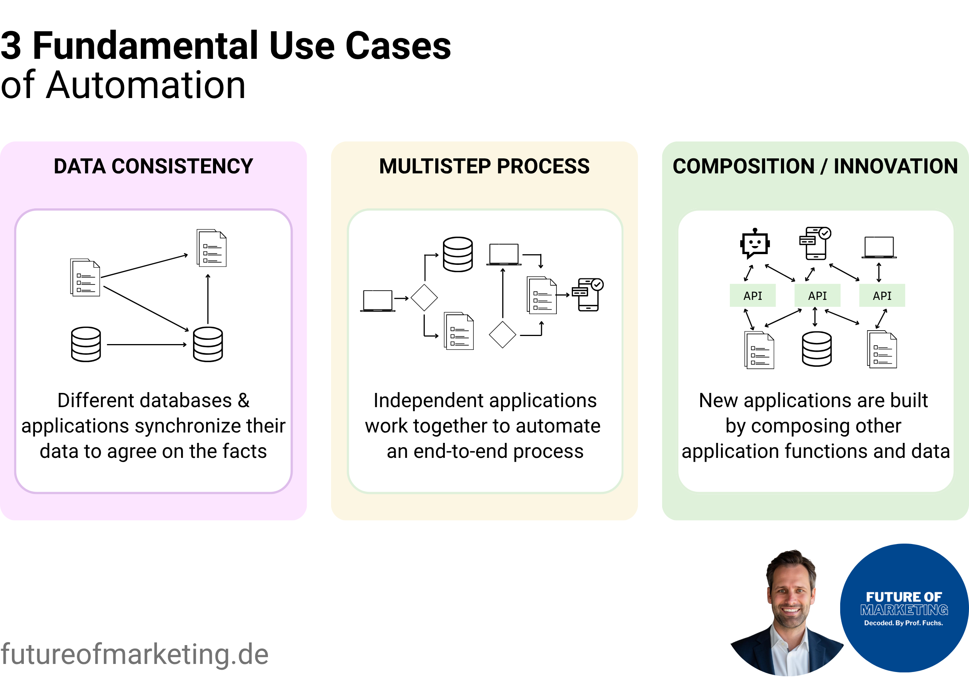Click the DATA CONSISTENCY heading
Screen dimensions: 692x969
pyautogui.click(x=153, y=166)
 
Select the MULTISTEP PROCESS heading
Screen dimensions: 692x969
pyautogui.click(x=484, y=166)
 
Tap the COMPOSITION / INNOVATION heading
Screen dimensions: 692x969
pyautogui.click(x=815, y=166)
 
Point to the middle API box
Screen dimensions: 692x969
pyautogui.click(x=817, y=296)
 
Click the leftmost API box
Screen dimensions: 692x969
pyautogui.click(x=753, y=296)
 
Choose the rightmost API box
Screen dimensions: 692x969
pyautogui.click(x=882, y=296)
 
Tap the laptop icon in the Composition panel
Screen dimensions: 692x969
pyautogui.click(x=879, y=248)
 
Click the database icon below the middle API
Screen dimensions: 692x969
pyautogui.click(x=816, y=349)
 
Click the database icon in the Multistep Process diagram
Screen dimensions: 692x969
pyautogui.click(x=458, y=255)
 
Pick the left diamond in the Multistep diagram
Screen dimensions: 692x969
pyautogui.click(x=424, y=298)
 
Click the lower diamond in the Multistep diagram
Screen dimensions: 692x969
pyautogui.click(x=503, y=334)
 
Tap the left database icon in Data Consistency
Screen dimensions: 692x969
pyautogui.click(x=86, y=344)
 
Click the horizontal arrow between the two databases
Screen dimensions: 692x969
pyautogui.click(x=146, y=344)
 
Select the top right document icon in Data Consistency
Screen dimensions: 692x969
pyautogui.click(x=211, y=248)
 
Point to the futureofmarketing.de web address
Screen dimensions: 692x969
pyautogui.click(x=134, y=654)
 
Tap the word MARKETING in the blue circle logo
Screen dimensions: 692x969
pyautogui.click(x=904, y=610)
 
